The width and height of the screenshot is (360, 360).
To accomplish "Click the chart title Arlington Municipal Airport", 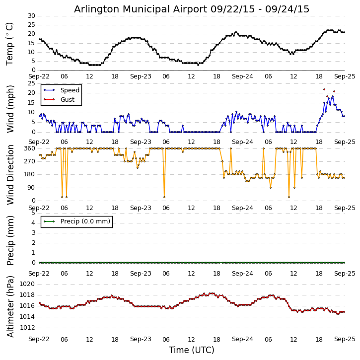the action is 141,9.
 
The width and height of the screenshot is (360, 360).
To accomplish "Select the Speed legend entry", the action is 62,90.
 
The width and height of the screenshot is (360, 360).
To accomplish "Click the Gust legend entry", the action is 59,100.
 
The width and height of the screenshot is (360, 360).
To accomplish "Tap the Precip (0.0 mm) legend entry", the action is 77,221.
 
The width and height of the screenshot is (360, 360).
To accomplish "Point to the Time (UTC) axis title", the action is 192,350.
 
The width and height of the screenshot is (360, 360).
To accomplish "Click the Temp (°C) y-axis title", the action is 9,44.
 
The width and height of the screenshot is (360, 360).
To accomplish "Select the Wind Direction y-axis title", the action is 10,175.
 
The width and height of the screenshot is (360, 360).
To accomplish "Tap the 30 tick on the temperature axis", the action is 31,16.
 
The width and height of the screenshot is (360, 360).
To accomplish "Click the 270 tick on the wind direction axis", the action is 30,161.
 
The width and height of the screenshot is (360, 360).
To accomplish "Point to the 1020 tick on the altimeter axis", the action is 27,284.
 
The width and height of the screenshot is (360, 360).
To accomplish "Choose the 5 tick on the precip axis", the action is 34,213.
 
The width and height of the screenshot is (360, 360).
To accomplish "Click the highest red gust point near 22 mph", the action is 324,89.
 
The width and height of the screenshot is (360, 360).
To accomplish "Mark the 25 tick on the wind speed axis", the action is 31,83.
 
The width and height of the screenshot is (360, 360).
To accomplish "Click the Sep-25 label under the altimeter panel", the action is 345,339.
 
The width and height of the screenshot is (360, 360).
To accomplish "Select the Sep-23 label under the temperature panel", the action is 141,76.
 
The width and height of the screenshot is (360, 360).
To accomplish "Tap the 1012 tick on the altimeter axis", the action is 27,328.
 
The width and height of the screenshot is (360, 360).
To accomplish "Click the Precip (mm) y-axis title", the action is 10,241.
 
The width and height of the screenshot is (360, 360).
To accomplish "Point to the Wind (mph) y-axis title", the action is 10,109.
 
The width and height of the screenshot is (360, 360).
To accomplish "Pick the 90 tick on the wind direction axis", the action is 31,188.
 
